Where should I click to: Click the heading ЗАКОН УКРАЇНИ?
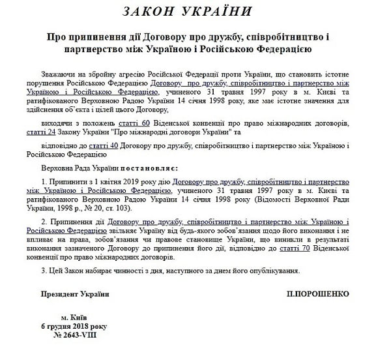pos(195,12)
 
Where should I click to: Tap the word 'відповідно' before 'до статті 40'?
pos(65,145)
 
